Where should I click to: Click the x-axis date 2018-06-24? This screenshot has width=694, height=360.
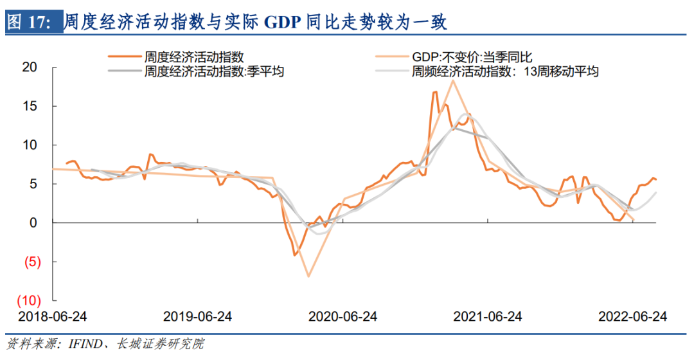click(x=53, y=317)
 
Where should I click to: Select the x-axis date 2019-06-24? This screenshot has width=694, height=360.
click(x=197, y=317)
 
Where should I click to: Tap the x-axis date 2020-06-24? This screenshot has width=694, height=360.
click(x=343, y=317)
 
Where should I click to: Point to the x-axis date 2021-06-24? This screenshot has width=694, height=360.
click(x=488, y=317)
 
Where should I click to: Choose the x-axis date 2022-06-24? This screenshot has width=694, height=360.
click(x=632, y=317)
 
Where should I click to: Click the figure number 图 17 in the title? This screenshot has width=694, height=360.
click(x=30, y=22)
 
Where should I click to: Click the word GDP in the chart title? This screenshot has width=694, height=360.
click(x=283, y=22)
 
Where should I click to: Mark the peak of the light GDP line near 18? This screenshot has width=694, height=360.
click(x=453, y=80)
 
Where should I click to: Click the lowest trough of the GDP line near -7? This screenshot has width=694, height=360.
click(x=308, y=276)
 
